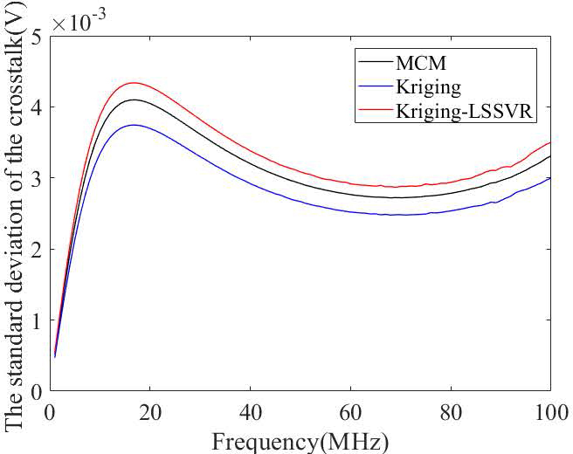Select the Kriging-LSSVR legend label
(464, 110)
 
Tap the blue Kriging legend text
(431, 87)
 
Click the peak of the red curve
(134, 83)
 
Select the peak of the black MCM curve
(134, 100)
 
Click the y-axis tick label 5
(37, 36)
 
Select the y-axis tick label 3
(37, 178)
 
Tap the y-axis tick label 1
(37, 320)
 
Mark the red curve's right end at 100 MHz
(550, 142)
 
